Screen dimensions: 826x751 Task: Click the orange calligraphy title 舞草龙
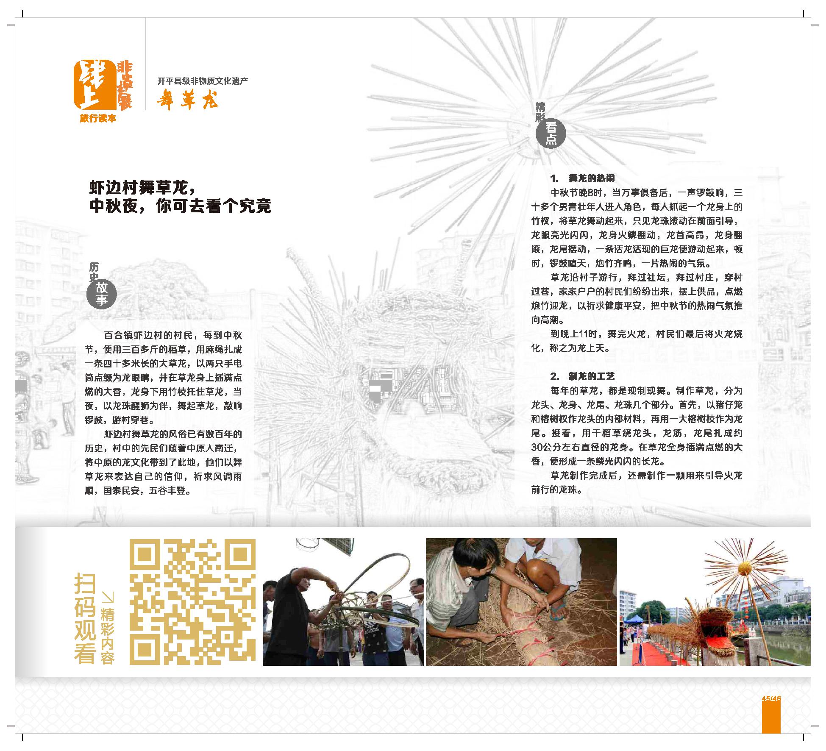click(x=187, y=101)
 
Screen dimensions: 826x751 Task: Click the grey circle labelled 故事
click(x=101, y=294)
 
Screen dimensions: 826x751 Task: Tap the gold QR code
click(x=192, y=602)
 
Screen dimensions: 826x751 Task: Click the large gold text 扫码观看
click(x=85, y=619)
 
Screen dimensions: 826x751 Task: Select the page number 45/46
click(x=771, y=698)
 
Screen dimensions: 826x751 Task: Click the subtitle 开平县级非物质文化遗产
click(x=203, y=81)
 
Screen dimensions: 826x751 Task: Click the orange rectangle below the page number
click(x=771, y=718)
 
